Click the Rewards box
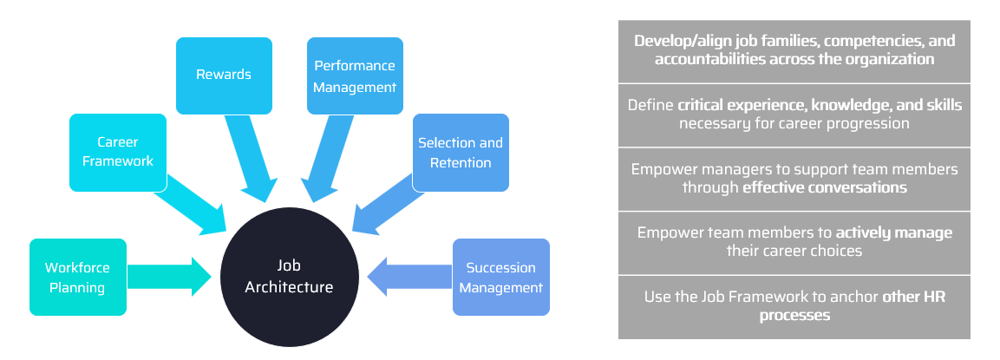click(224, 75)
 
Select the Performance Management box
click(355, 76)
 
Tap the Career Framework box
click(118, 152)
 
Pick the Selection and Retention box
click(460, 153)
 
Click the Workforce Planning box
click(77, 277)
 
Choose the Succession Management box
click(501, 277)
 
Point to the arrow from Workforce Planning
click(169, 277)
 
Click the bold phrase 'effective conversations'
click(825, 187)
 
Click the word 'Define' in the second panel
click(650, 105)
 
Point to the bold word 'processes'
click(794, 316)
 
